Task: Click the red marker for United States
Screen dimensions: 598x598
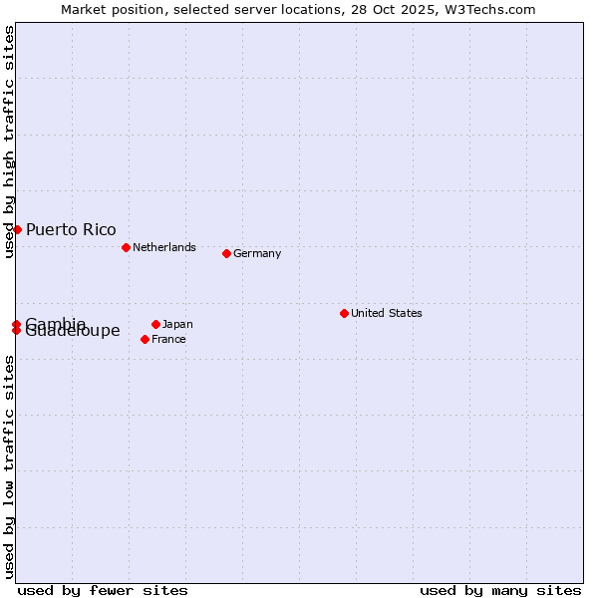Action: click(x=344, y=313)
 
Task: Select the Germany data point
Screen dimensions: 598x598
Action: click(x=226, y=253)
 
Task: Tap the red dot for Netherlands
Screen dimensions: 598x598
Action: click(x=126, y=247)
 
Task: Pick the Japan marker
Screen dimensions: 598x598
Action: click(x=155, y=324)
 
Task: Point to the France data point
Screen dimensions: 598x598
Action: click(x=145, y=339)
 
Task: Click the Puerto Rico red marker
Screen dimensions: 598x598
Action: click(x=17, y=229)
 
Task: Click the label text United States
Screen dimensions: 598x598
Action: click(x=387, y=313)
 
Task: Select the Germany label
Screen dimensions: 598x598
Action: click(x=257, y=253)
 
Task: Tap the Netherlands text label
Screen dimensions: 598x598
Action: click(x=164, y=247)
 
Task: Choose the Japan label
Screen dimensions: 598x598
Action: click(x=177, y=324)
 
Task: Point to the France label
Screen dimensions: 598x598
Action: click(x=168, y=339)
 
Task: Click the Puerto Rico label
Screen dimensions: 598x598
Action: click(x=71, y=230)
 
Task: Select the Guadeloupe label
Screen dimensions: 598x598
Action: click(x=73, y=332)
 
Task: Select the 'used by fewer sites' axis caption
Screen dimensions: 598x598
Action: click(x=103, y=590)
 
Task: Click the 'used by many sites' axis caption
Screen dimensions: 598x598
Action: click(x=500, y=590)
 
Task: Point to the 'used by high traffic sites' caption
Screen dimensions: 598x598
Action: click(x=10, y=142)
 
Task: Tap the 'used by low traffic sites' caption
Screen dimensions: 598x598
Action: click(x=10, y=466)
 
